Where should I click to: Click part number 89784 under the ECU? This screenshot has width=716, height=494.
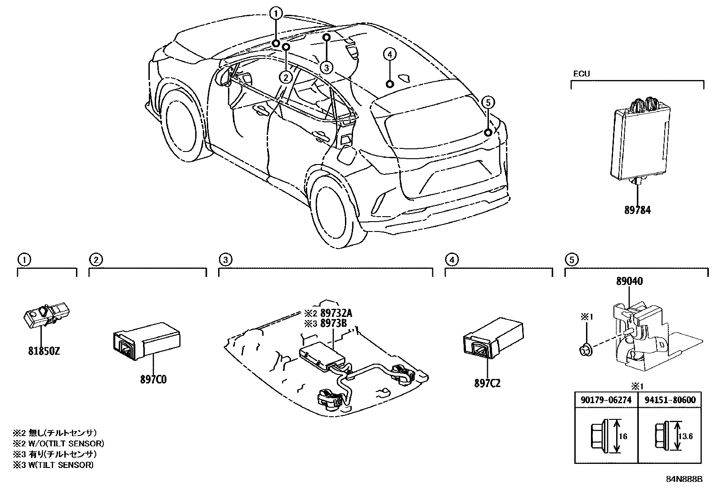click(x=637, y=210)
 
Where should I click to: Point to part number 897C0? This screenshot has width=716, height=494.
click(x=153, y=380)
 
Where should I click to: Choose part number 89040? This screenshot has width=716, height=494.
click(x=629, y=281)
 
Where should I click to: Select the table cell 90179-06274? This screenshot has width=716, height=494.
click(x=606, y=400)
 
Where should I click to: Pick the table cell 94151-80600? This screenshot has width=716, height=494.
click(x=669, y=400)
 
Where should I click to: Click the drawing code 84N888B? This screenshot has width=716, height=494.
click(x=684, y=479)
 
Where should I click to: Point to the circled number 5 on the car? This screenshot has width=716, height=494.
click(x=488, y=102)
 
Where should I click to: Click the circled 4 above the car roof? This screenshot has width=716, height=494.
click(x=389, y=54)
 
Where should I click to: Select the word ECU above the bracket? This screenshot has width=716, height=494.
click(x=581, y=74)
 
